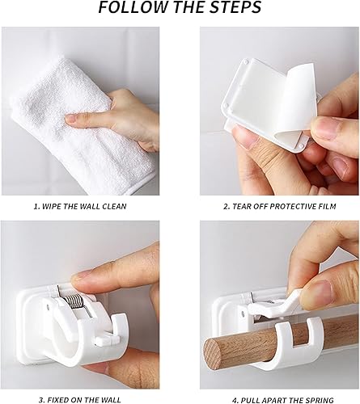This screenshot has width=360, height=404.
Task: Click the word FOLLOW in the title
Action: pos(133,7)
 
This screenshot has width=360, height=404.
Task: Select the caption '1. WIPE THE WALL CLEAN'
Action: pos(80,207)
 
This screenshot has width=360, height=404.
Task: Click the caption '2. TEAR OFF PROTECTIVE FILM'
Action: pos(280,207)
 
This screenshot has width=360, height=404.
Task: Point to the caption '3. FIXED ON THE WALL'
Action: pos(80,400)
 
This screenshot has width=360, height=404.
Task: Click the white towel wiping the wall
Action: pos(81,124)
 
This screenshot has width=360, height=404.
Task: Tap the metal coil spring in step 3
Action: pos(75,301)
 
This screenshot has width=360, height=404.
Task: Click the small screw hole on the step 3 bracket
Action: pos(48,306)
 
